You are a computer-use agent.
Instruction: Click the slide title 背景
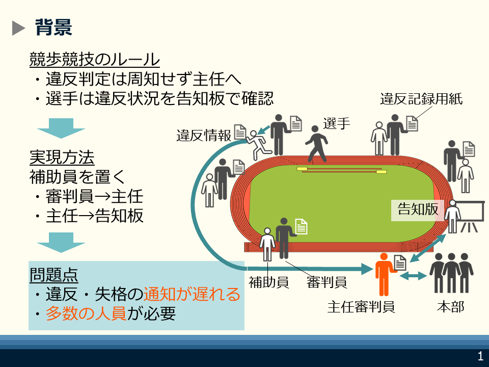[53, 27]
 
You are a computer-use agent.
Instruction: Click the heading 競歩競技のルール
[95, 60]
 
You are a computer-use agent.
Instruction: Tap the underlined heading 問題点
[53, 275]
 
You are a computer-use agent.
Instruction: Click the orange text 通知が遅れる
[192, 295]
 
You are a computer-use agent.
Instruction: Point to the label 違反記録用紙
[421, 99]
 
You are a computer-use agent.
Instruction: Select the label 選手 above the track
[336, 123]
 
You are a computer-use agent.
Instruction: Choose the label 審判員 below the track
[327, 282]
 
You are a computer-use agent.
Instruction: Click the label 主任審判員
[361, 307]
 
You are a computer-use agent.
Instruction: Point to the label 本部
[450, 307]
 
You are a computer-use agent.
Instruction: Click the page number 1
[479, 356]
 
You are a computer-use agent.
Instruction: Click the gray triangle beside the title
[18, 28]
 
